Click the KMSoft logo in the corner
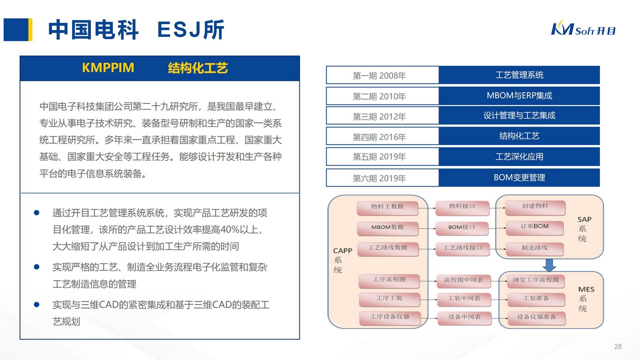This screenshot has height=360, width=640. coord(583,29)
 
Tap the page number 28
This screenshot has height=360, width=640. coord(617,346)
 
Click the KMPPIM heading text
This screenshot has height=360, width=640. coord(108,67)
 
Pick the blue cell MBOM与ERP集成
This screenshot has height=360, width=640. coord(519,95)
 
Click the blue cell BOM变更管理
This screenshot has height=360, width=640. coord(519,177)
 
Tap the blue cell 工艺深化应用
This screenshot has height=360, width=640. coord(519,156)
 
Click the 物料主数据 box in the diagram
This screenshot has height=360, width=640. coord(387,206)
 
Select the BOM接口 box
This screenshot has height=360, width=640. coord(461,227)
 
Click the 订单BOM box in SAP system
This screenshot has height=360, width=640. coord(534,226)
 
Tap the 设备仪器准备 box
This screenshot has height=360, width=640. coord(536,317)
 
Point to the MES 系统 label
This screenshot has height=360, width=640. coord(585,299)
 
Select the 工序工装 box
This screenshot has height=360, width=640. coord(389,298)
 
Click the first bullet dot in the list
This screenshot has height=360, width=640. coord(36,212)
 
